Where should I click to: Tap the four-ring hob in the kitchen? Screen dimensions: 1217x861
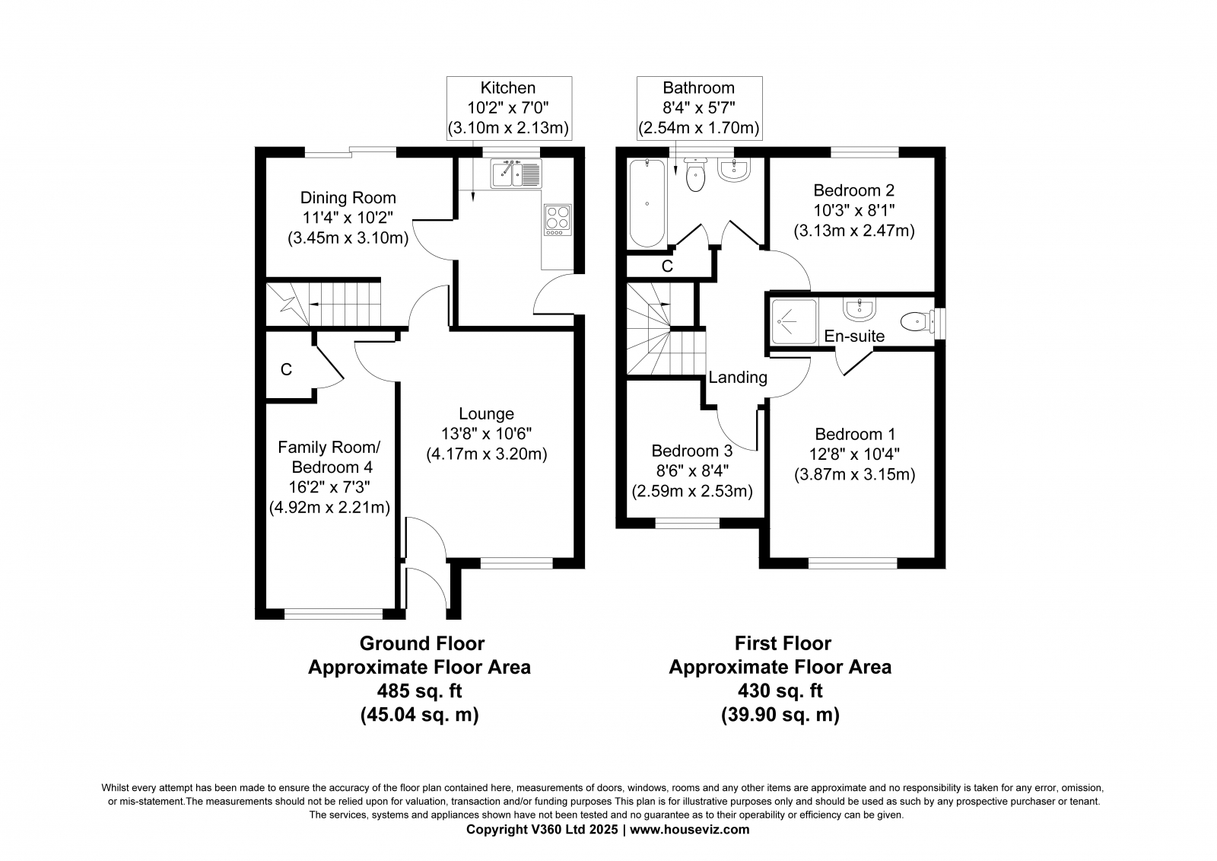pyautogui.click(x=558, y=220)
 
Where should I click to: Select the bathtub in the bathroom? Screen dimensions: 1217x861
pyautogui.click(x=647, y=203)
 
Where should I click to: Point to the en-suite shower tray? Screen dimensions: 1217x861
pyautogui.click(x=794, y=321)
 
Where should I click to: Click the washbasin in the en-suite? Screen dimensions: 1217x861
pyautogui.click(x=859, y=309)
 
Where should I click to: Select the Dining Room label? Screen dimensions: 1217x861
pyautogui.click(x=348, y=197)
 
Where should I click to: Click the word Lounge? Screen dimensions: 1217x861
pyautogui.click(x=486, y=414)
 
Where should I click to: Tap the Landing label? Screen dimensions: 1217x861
pyautogui.click(x=738, y=378)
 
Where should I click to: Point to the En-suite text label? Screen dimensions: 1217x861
pyautogui.click(x=854, y=336)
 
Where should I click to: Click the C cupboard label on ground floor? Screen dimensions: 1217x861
pyautogui.click(x=286, y=370)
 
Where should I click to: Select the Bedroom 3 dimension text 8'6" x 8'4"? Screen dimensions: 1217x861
pyautogui.click(x=692, y=471)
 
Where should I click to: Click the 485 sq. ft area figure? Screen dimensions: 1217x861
pyautogui.click(x=419, y=690)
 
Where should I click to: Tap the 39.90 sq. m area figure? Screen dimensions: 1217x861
pyautogui.click(x=780, y=714)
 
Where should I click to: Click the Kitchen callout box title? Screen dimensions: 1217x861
pyautogui.click(x=508, y=88)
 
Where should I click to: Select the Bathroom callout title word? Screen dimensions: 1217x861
pyautogui.click(x=699, y=88)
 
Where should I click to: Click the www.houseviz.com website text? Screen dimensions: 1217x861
pyautogui.click(x=689, y=830)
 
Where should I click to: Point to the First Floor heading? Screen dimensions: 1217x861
pyautogui.click(x=783, y=643)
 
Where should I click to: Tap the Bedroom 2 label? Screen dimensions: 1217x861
pyautogui.click(x=854, y=190)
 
